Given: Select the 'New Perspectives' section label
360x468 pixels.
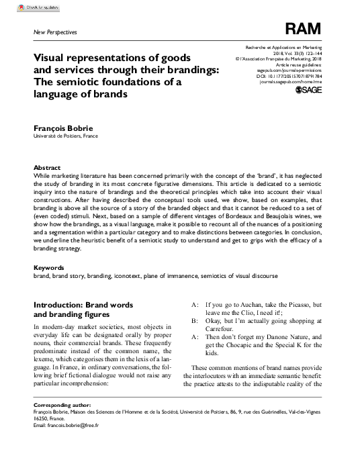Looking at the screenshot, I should click(x=54, y=32).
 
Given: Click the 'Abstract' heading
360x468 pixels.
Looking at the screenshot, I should click(x=47, y=168).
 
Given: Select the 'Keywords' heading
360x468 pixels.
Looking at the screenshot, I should click(x=49, y=267).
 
